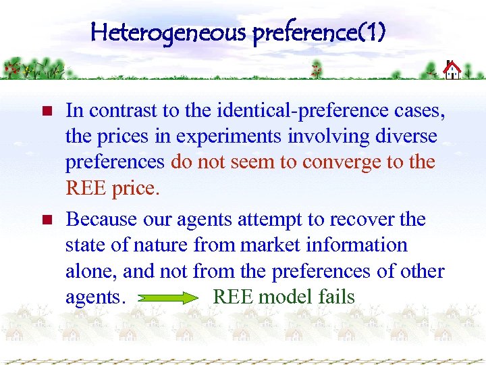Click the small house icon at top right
[x=452, y=70]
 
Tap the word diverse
[x=404, y=137]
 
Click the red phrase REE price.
[x=113, y=189]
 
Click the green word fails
[x=334, y=297]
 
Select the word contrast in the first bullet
[x=122, y=110]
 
